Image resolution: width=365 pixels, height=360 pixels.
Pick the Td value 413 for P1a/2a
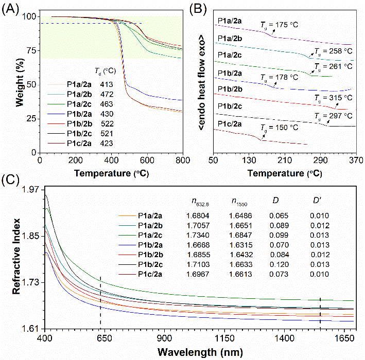[114, 84]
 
